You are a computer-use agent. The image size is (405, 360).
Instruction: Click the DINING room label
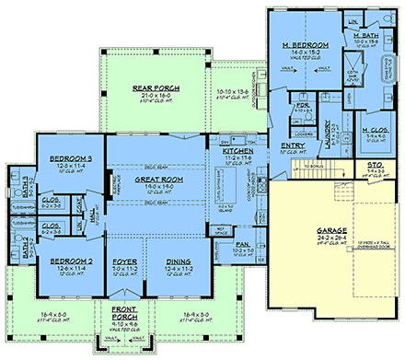coord(179,261)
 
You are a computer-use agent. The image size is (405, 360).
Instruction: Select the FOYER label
coord(124,261)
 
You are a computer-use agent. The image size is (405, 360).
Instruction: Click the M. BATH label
coord(365,34)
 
